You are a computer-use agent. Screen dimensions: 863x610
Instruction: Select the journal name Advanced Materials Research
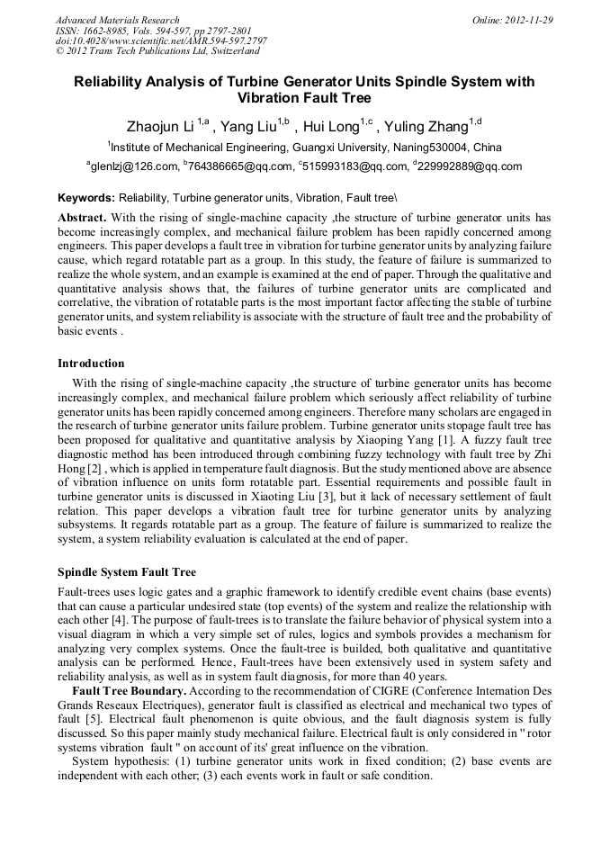[x=117, y=20]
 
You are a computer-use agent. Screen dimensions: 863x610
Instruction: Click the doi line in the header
[x=161, y=40]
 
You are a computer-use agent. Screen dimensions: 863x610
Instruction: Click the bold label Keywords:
[x=86, y=197]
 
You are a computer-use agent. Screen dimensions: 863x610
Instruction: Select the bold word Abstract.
[x=82, y=218]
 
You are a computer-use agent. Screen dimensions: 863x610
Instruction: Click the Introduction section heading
[x=91, y=364]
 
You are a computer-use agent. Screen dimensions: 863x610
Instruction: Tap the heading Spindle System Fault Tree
[x=127, y=572]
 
